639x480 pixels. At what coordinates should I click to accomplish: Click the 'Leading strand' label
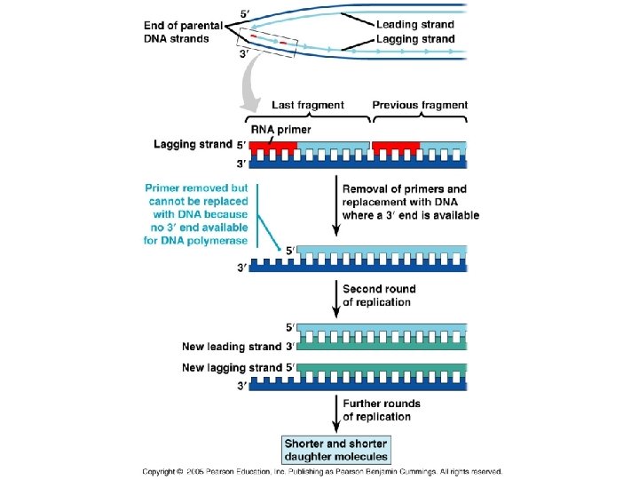(414, 25)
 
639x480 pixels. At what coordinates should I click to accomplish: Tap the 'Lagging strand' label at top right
(415, 39)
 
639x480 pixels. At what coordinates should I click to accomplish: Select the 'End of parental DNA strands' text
(183, 32)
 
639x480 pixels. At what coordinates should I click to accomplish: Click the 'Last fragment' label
(308, 105)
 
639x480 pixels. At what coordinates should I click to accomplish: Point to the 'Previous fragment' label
(420, 105)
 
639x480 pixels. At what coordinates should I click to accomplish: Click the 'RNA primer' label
(280, 130)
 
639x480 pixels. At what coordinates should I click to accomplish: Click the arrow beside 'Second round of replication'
(336, 299)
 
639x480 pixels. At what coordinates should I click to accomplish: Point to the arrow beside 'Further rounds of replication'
(336, 413)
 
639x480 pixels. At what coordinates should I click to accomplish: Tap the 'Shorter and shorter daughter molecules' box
(336, 450)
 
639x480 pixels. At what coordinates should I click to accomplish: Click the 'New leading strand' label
(232, 347)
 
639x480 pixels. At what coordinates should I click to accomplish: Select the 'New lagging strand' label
(232, 367)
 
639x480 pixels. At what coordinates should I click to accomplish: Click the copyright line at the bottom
(322, 472)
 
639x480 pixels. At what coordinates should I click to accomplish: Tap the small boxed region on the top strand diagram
(268, 43)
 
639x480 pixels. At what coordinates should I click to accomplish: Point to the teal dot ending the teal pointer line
(280, 249)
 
